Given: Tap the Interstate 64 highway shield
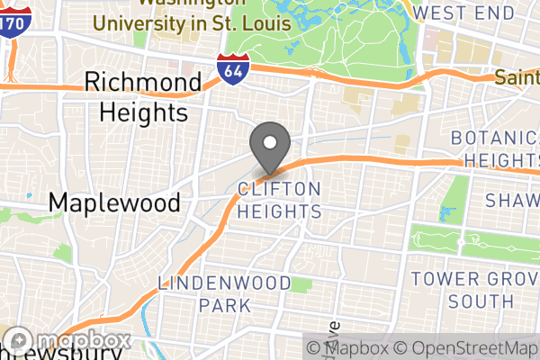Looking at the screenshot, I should [x=229, y=67].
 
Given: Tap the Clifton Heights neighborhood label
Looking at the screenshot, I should [x=280, y=200].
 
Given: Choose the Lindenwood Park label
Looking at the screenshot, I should [x=225, y=294].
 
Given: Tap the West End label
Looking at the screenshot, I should [x=464, y=13].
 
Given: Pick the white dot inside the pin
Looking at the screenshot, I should [x=268, y=141].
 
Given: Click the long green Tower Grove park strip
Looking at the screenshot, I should [x=468, y=241].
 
